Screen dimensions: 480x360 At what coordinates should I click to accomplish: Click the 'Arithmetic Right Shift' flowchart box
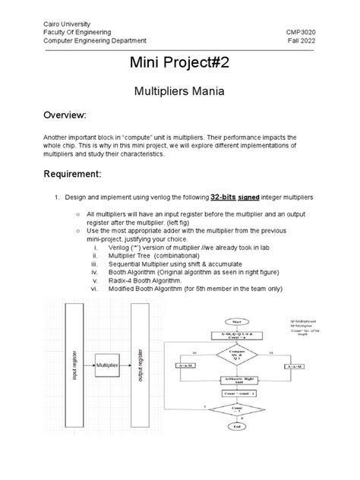(x=238, y=381)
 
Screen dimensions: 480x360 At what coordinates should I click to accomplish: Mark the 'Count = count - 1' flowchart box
(x=238, y=395)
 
